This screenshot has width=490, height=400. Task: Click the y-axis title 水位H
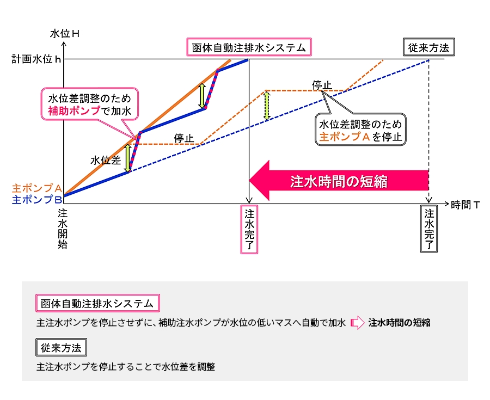[65, 33]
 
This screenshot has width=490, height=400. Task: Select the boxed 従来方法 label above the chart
[428, 48]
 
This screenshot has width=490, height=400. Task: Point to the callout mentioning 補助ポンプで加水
[90, 104]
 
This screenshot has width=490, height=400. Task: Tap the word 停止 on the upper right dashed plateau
[322, 85]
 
